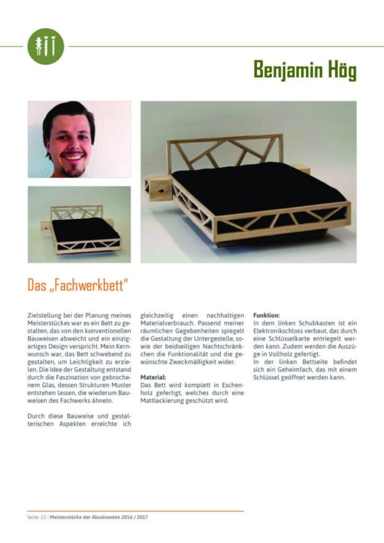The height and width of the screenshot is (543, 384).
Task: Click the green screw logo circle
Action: pos(46,46)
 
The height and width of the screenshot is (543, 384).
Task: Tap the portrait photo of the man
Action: pos(79,139)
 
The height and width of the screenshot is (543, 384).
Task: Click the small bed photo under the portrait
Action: pos(79,224)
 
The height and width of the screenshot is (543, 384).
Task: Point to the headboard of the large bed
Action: pos(226,151)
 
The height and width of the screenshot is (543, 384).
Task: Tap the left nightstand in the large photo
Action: pos(158,188)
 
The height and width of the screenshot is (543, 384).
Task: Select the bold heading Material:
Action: pos(151,377)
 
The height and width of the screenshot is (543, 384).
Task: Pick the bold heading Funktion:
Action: pos(266,315)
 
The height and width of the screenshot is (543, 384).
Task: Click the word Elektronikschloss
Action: pos(276,331)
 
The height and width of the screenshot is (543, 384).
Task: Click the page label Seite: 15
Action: pos(37,517)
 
